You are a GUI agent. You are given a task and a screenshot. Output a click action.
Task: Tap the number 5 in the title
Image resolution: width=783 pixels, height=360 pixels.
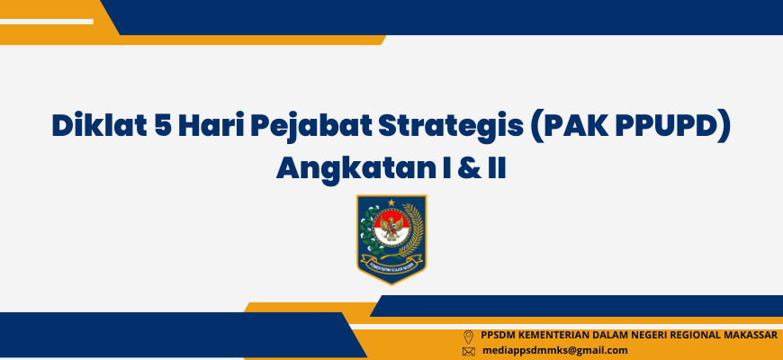pyautogui.click(x=162, y=126)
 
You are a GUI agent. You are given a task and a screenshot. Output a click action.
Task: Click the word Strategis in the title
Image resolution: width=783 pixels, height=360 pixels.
pyautogui.click(x=447, y=127)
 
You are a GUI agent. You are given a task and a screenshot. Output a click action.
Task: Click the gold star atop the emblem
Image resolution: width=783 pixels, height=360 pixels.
pyautogui.click(x=391, y=202)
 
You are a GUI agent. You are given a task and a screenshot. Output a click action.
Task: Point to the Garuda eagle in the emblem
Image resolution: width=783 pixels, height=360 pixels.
pyautogui.click(x=391, y=229)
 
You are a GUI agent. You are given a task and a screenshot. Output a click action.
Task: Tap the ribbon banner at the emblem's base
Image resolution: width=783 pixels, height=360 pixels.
pyautogui.click(x=391, y=263)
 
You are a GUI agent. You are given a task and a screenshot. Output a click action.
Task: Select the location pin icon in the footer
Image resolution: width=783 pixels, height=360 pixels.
pyautogui.click(x=468, y=337)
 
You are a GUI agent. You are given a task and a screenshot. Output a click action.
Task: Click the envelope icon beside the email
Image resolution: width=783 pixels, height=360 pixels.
pyautogui.click(x=468, y=352)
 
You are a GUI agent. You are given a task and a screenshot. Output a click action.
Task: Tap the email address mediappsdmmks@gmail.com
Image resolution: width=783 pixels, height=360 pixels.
pyautogui.click(x=554, y=350)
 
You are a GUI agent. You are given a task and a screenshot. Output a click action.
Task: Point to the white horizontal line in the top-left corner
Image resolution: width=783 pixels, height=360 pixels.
pyautogui.click(x=47, y=22)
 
